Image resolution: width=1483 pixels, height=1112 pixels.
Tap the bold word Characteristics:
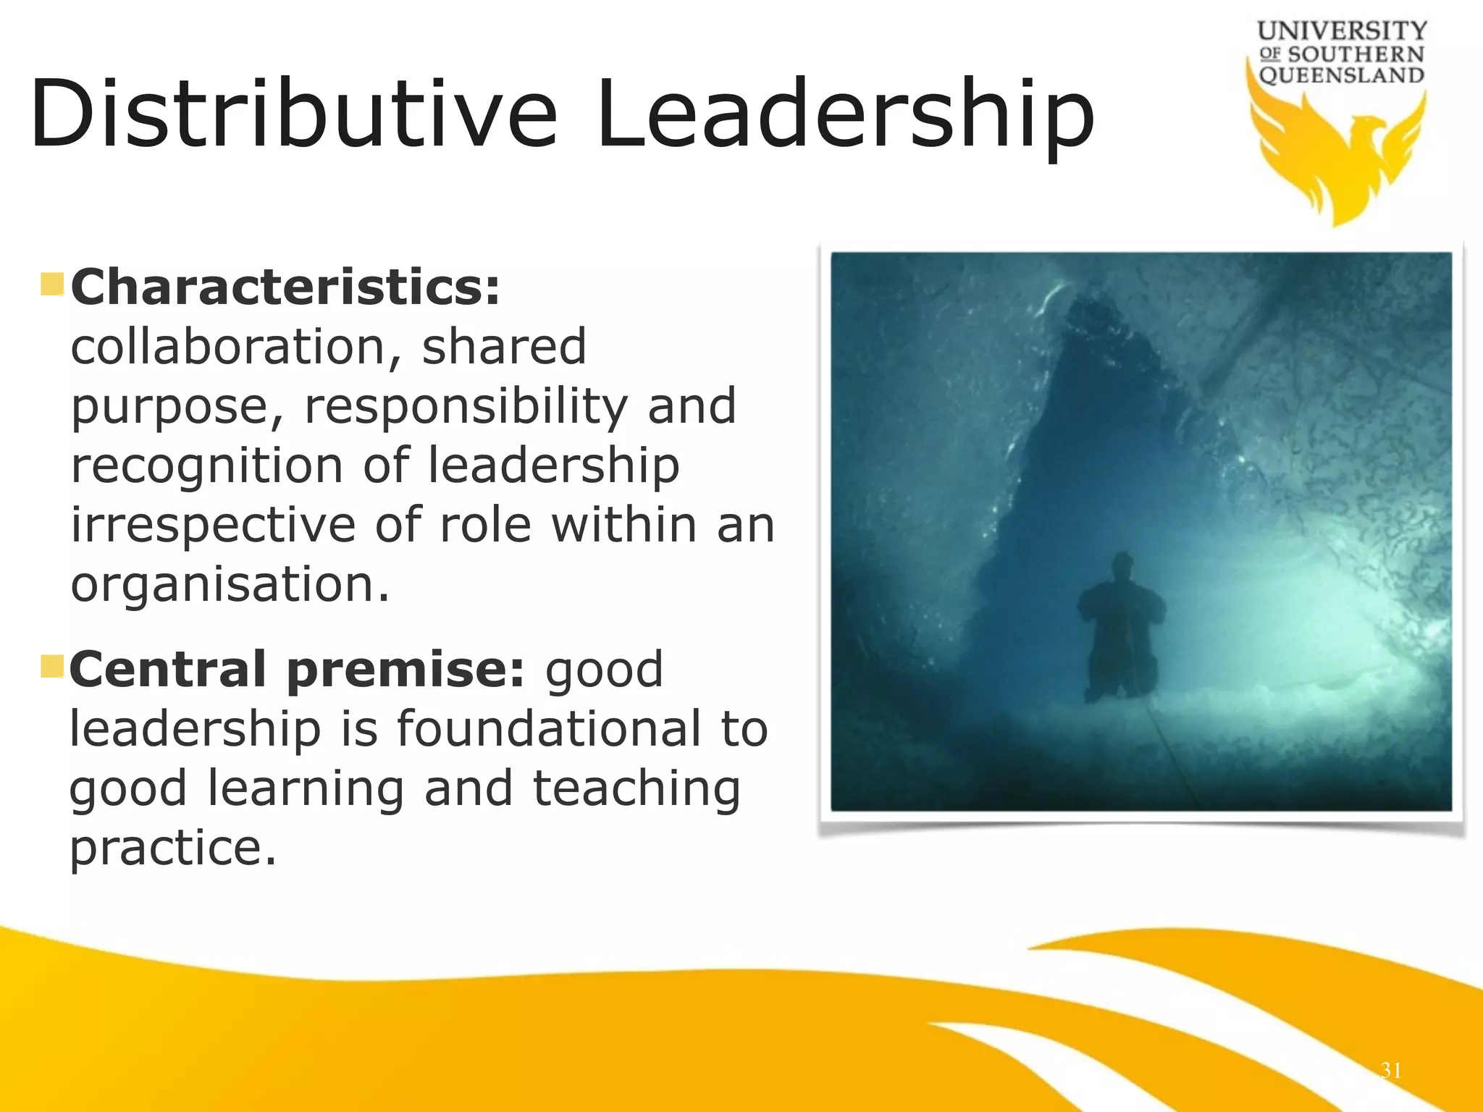pyautogui.click(x=285, y=287)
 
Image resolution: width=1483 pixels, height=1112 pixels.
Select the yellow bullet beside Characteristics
pyautogui.click(x=53, y=284)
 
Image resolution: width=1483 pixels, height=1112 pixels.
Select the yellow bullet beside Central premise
pyautogui.click(x=53, y=666)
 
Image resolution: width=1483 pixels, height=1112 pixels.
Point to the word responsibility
pyautogui.click(x=466, y=406)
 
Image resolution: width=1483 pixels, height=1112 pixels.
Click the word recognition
pyautogui.click(x=206, y=466)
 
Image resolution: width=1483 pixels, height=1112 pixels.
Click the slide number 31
pyautogui.click(x=1391, y=1071)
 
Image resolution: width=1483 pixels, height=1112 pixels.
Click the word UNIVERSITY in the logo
pyautogui.click(x=1342, y=31)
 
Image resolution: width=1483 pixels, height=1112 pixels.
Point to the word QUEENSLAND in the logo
pyautogui.click(x=1342, y=75)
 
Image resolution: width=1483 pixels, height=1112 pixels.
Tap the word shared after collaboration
pyautogui.click(x=504, y=347)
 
